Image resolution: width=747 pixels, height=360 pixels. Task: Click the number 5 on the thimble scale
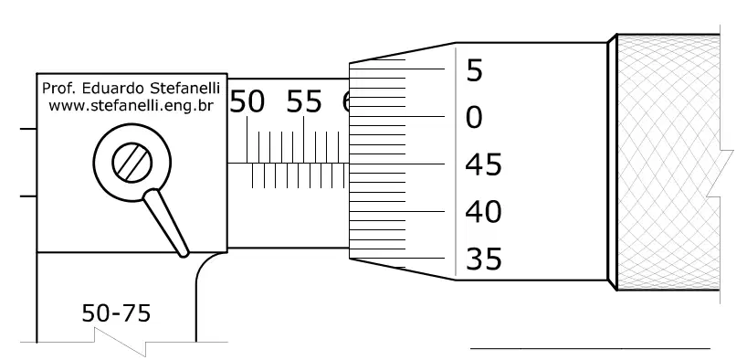pos(475,70)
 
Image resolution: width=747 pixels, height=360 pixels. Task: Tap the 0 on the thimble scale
pos(474,117)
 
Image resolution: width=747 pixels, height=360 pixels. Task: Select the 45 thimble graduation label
pos(483,165)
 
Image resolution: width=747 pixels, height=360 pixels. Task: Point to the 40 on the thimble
pos(483,212)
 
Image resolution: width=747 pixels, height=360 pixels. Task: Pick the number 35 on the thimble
pos(484,259)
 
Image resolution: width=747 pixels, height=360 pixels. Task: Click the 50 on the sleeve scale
pos(247,102)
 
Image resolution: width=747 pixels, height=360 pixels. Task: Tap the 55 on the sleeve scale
pos(304,102)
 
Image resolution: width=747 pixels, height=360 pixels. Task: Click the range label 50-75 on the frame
pos(116,313)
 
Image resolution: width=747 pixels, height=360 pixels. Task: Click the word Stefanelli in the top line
pos(184,89)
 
